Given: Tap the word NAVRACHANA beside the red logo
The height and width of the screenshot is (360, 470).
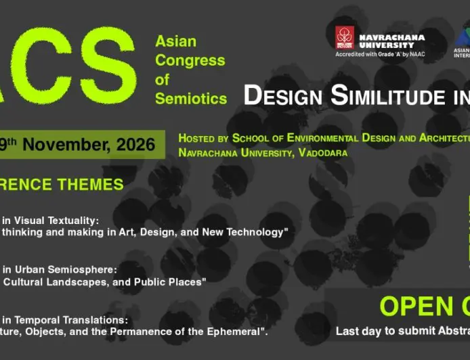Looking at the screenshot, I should tap(391, 37).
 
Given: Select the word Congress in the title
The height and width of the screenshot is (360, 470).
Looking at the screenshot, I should tap(190, 60).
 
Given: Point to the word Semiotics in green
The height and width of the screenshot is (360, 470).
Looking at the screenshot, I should tap(191, 98).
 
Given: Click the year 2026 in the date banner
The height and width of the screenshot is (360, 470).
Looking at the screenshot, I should tap(134, 144).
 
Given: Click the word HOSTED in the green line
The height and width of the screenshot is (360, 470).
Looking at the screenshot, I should tap(198, 138).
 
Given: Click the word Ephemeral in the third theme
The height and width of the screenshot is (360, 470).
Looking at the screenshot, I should tap(234, 332).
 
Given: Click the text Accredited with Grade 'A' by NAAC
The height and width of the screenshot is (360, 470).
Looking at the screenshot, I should tap(380, 54).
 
